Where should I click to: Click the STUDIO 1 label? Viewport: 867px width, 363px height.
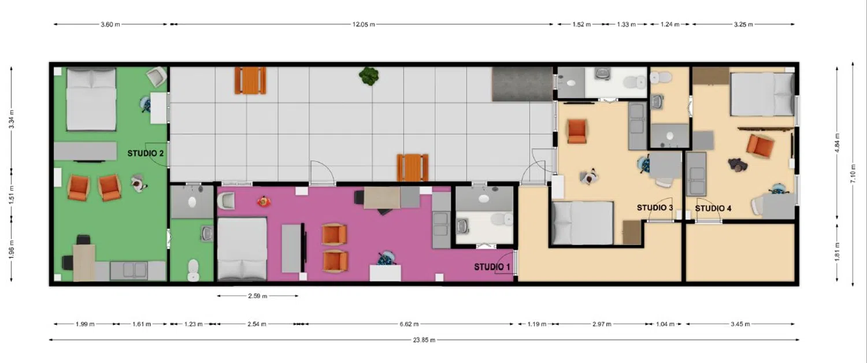tap(492, 267)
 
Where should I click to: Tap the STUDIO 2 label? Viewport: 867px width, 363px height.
tap(146, 153)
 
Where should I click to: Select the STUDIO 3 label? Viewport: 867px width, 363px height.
tap(655, 208)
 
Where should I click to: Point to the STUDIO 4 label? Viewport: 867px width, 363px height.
tap(713, 209)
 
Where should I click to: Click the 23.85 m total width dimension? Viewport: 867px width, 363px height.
tap(424, 340)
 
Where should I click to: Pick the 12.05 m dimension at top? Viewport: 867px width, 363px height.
tap(364, 24)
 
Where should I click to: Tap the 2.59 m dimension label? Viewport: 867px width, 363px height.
tap(257, 296)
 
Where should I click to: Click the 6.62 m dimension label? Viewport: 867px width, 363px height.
tap(409, 324)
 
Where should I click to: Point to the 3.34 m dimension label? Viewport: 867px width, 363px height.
tap(12, 119)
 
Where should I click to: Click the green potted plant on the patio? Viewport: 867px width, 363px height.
tap(369, 76)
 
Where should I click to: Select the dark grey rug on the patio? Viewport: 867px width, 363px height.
tap(522, 84)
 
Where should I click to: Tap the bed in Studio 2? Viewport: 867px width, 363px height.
tap(91, 99)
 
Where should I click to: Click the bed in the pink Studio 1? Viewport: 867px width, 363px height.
tap(242, 249)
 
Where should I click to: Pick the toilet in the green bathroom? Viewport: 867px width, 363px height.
tap(193, 270)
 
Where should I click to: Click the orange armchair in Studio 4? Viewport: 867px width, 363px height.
tap(760, 146)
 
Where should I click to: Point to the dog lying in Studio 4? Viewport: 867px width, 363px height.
tap(737, 164)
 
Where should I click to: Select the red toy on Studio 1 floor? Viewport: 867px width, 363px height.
tap(264, 201)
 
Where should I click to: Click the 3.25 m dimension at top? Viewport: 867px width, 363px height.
tap(743, 24)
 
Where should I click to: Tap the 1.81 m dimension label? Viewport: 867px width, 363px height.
tap(837, 251)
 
